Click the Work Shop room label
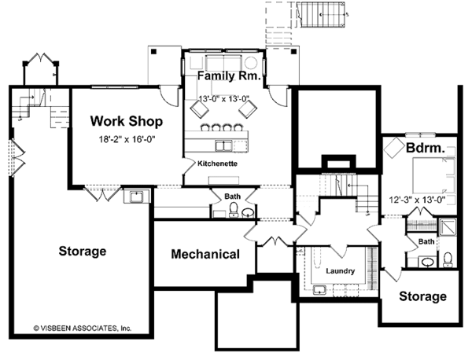pos(127,121)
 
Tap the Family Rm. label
pos(229,75)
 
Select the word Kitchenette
pos(217,163)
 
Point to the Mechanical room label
pos(205,255)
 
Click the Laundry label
pos(340,271)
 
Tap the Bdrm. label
pos(425,148)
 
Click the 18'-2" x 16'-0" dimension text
pos(127,140)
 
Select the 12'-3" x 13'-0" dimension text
pos(417,200)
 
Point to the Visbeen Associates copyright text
pos(82,328)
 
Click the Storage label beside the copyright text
pos(82,251)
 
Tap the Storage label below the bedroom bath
pos(422,296)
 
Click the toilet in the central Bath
pos(234,210)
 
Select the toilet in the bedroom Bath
pos(448,260)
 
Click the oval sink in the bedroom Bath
pos(427,263)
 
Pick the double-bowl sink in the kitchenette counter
pos(223,146)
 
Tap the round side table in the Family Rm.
pos(250,63)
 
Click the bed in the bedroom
pos(433,175)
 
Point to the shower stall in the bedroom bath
pos(448,227)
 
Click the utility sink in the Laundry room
pos(319,290)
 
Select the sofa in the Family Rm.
pos(223,63)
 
